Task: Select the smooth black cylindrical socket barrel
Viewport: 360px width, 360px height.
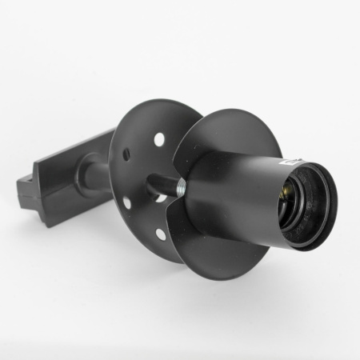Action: point(232,192)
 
